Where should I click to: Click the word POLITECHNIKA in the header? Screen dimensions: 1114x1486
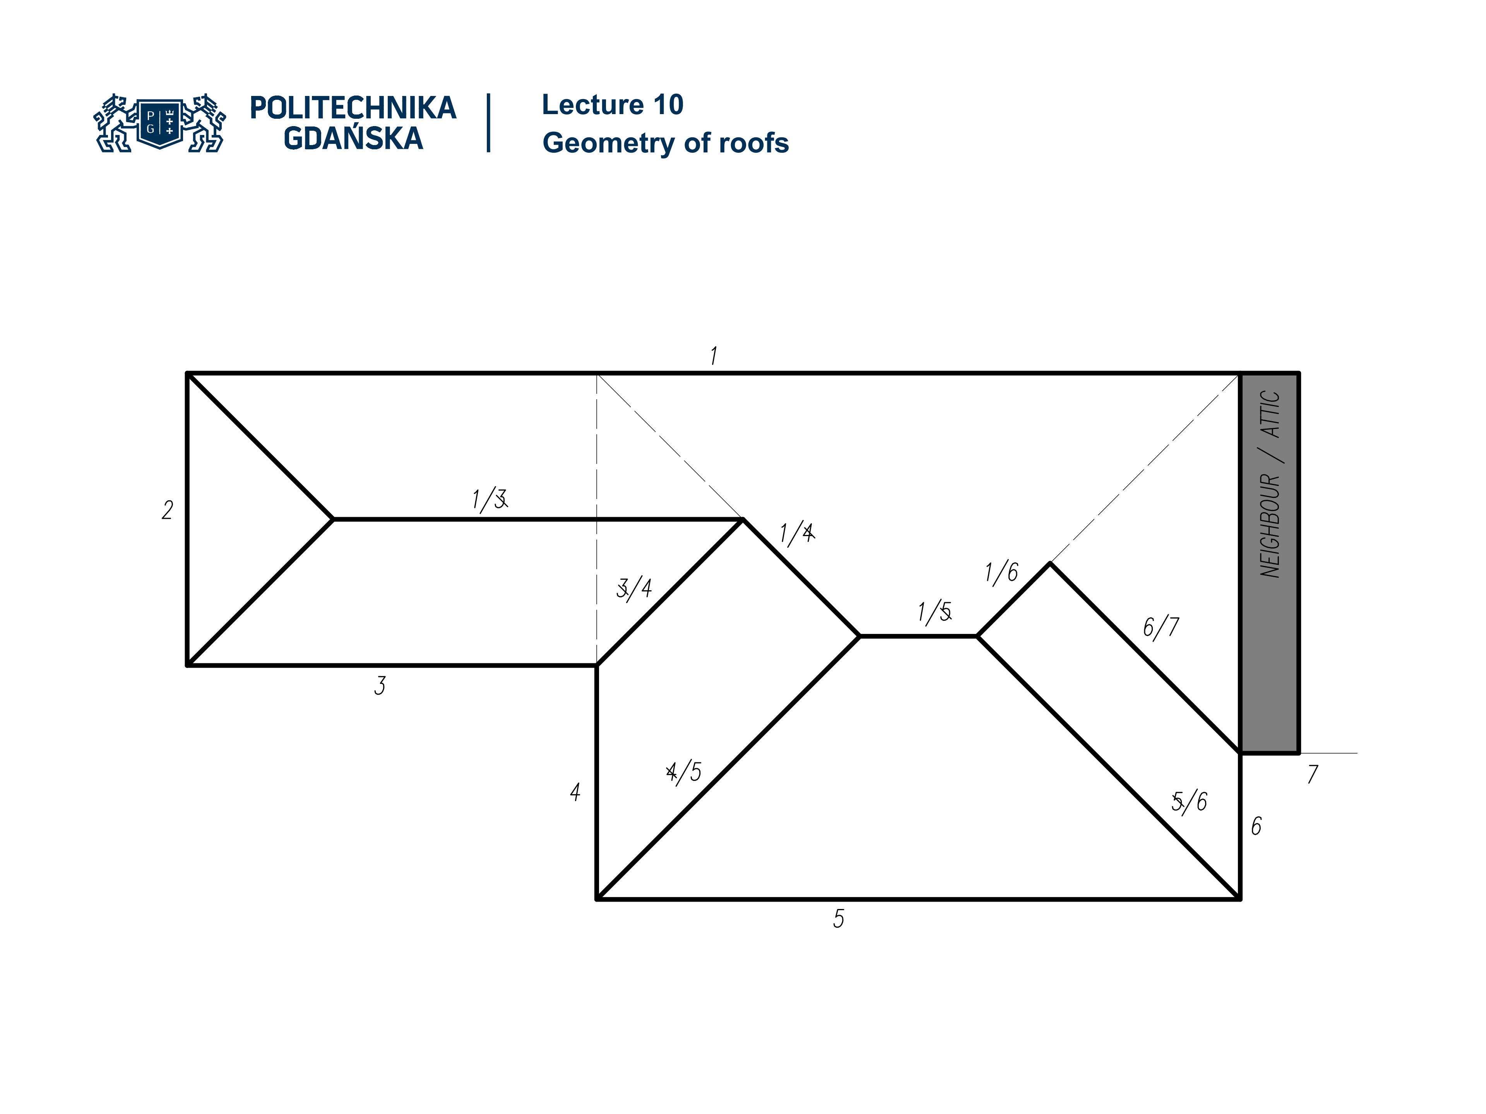point(353,108)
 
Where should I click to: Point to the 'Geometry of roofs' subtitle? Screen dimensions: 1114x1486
point(665,143)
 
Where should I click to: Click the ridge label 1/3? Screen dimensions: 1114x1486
point(489,500)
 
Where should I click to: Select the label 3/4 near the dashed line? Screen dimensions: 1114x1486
point(633,588)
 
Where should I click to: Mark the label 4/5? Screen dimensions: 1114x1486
point(683,772)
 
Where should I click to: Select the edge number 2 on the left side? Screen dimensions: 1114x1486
point(167,510)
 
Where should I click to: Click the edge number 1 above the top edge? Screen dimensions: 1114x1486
point(714,355)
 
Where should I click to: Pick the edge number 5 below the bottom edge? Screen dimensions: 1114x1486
point(839,919)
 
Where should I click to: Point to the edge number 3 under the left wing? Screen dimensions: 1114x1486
point(380,685)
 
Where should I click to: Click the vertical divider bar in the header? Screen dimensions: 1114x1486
point(488,123)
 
